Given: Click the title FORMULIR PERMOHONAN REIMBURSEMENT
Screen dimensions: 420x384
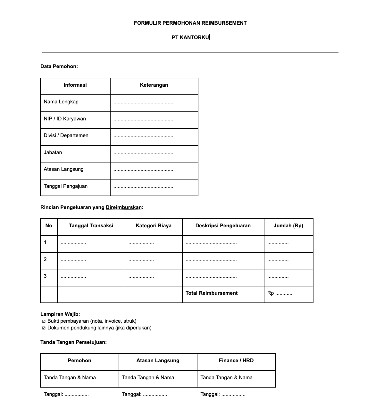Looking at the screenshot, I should (190, 23).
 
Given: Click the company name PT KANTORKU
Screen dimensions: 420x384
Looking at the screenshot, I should (190, 37).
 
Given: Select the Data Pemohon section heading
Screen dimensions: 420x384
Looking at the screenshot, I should (59, 66).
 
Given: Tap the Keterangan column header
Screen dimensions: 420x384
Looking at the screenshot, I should (154, 85).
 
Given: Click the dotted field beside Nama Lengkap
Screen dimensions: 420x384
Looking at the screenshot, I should (143, 102).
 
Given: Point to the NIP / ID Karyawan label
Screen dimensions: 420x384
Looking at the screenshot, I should (65, 119).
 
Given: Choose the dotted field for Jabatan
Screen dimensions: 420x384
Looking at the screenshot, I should (143, 153).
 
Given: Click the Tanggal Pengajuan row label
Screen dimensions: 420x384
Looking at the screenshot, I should (65, 186).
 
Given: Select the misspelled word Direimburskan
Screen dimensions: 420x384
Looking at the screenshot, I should (124, 207).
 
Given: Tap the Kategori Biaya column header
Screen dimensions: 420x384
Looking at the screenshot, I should (153, 226).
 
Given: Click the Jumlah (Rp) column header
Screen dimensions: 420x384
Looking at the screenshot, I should (288, 226).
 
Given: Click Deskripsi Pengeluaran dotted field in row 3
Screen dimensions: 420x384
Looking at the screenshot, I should (211, 276).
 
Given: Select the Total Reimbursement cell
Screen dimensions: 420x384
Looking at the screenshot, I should (212, 293).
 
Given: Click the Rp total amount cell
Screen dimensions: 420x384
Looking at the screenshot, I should (280, 293).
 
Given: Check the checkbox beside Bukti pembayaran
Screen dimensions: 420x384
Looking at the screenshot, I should (44, 321).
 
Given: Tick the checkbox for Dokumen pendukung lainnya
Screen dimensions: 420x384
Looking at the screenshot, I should (44, 328).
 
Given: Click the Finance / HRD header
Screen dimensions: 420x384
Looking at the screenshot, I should (236, 361).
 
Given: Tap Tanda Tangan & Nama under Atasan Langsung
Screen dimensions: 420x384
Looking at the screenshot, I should (148, 378).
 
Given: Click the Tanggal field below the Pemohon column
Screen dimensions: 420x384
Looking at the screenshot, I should (66, 395).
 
